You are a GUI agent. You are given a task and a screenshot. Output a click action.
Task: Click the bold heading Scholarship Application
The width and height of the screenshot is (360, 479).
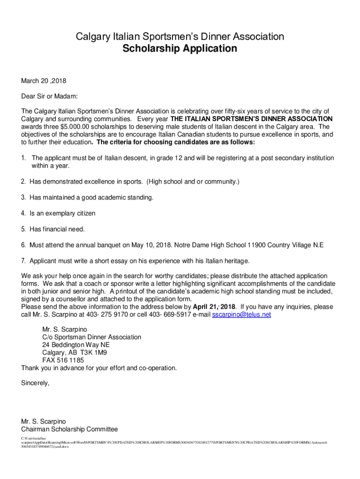(x=180, y=49)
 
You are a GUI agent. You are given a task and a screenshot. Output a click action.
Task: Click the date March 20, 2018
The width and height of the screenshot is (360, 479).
(x=43, y=80)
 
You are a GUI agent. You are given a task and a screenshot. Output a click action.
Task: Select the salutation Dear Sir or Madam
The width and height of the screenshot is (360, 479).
(x=49, y=96)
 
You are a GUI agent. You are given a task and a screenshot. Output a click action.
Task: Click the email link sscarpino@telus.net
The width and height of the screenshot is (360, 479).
(x=241, y=315)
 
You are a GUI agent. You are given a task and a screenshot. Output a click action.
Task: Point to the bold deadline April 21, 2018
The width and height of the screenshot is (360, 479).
(x=215, y=307)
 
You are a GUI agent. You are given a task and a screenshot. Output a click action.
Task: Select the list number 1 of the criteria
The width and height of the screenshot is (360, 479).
(x=23, y=158)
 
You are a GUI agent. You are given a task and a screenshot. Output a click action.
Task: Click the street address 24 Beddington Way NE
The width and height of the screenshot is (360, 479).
(x=76, y=345)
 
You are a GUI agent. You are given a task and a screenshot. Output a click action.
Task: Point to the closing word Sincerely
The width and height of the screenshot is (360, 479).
(x=35, y=383)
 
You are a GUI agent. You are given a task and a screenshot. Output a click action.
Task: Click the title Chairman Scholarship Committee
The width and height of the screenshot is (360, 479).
(x=69, y=429)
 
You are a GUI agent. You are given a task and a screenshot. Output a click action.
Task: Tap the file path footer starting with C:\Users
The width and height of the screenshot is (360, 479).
(x=33, y=438)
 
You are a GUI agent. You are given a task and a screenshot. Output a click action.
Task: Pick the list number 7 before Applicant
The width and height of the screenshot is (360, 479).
(x=23, y=261)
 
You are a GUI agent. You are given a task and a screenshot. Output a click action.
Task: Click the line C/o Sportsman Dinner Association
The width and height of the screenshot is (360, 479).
(x=92, y=337)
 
